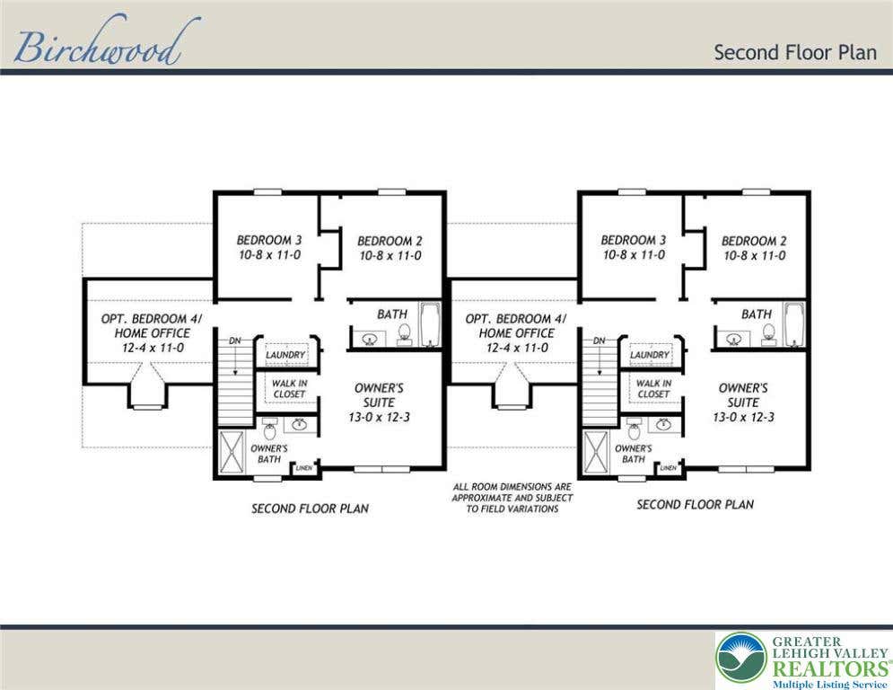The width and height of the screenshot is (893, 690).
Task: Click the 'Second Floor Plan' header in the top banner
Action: click(x=795, y=52)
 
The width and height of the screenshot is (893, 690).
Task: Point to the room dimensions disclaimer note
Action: click(x=512, y=498)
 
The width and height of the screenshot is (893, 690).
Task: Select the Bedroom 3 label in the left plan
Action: click(x=269, y=247)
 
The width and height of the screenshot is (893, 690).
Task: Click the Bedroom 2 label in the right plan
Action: click(x=754, y=248)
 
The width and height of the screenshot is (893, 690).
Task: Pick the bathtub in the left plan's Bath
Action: click(x=430, y=324)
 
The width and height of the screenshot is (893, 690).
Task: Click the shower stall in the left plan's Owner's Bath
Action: click(x=232, y=451)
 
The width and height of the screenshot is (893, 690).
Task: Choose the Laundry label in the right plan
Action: click(x=649, y=355)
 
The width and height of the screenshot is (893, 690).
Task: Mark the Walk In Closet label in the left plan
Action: click(x=289, y=389)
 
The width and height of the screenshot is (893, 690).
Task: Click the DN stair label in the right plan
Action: click(x=600, y=341)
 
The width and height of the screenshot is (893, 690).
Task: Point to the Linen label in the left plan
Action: click(x=304, y=468)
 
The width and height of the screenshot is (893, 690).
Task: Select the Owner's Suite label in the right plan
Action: click(x=743, y=402)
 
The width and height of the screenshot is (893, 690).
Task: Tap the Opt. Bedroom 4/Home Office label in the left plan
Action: click(x=152, y=333)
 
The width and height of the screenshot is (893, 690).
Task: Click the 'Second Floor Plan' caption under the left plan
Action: click(x=310, y=509)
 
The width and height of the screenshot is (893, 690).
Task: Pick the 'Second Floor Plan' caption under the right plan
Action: click(x=695, y=504)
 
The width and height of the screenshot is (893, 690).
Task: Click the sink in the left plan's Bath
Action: click(x=369, y=340)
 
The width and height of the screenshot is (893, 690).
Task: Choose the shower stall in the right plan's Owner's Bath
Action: click(x=596, y=451)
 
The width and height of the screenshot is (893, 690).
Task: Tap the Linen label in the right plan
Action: click(x=669, y=468)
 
